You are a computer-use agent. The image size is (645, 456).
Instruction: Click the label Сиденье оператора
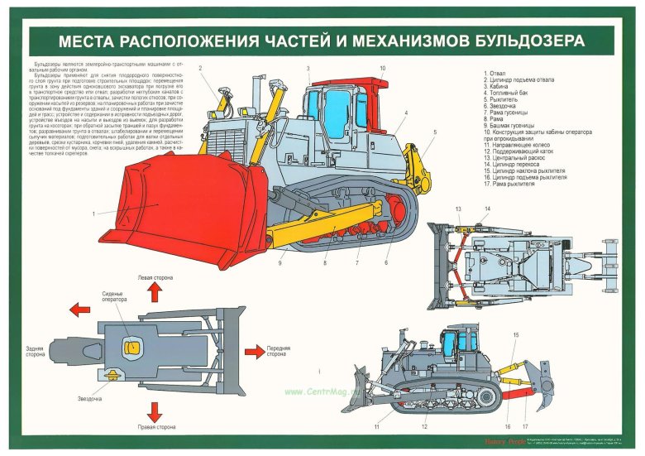pyautogui.click(x=112, y=297)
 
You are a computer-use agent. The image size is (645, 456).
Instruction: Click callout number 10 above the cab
pyautogui.click(x=382, y=69)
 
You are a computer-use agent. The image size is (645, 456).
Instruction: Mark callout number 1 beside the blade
pyautogui.click(x=94, y=213)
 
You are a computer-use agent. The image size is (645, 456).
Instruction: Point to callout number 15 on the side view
pyautogui.click(x=515, y=334)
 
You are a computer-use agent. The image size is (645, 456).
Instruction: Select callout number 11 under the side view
pyautogui.click(x=376, y=426)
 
